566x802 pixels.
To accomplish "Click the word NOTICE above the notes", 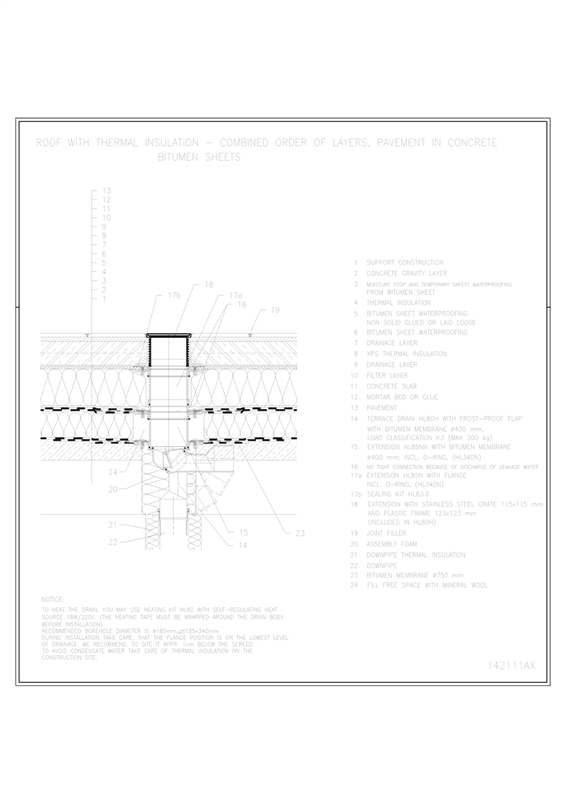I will [53, 598].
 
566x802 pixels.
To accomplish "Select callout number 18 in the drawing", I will [209, 284].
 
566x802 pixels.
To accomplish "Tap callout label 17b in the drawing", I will [174, 295].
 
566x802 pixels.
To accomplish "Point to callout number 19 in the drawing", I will [274, 311].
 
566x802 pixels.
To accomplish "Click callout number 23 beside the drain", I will [299, 533].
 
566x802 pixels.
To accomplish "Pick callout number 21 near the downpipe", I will [113, 524].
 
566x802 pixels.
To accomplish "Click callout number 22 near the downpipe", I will [113, 542].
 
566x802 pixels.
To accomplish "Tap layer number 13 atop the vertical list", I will [106, 191].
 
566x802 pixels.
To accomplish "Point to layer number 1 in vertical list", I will [103, 299].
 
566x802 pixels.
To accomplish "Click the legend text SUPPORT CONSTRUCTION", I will [405, 263].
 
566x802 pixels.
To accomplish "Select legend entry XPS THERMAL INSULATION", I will [406, 354].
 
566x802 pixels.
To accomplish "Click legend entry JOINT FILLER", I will [386, 533].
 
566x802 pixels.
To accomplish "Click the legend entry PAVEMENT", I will [382, 408].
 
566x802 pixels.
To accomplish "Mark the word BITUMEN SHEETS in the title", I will [199, 158].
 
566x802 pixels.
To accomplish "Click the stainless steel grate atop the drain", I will [169, 335].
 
